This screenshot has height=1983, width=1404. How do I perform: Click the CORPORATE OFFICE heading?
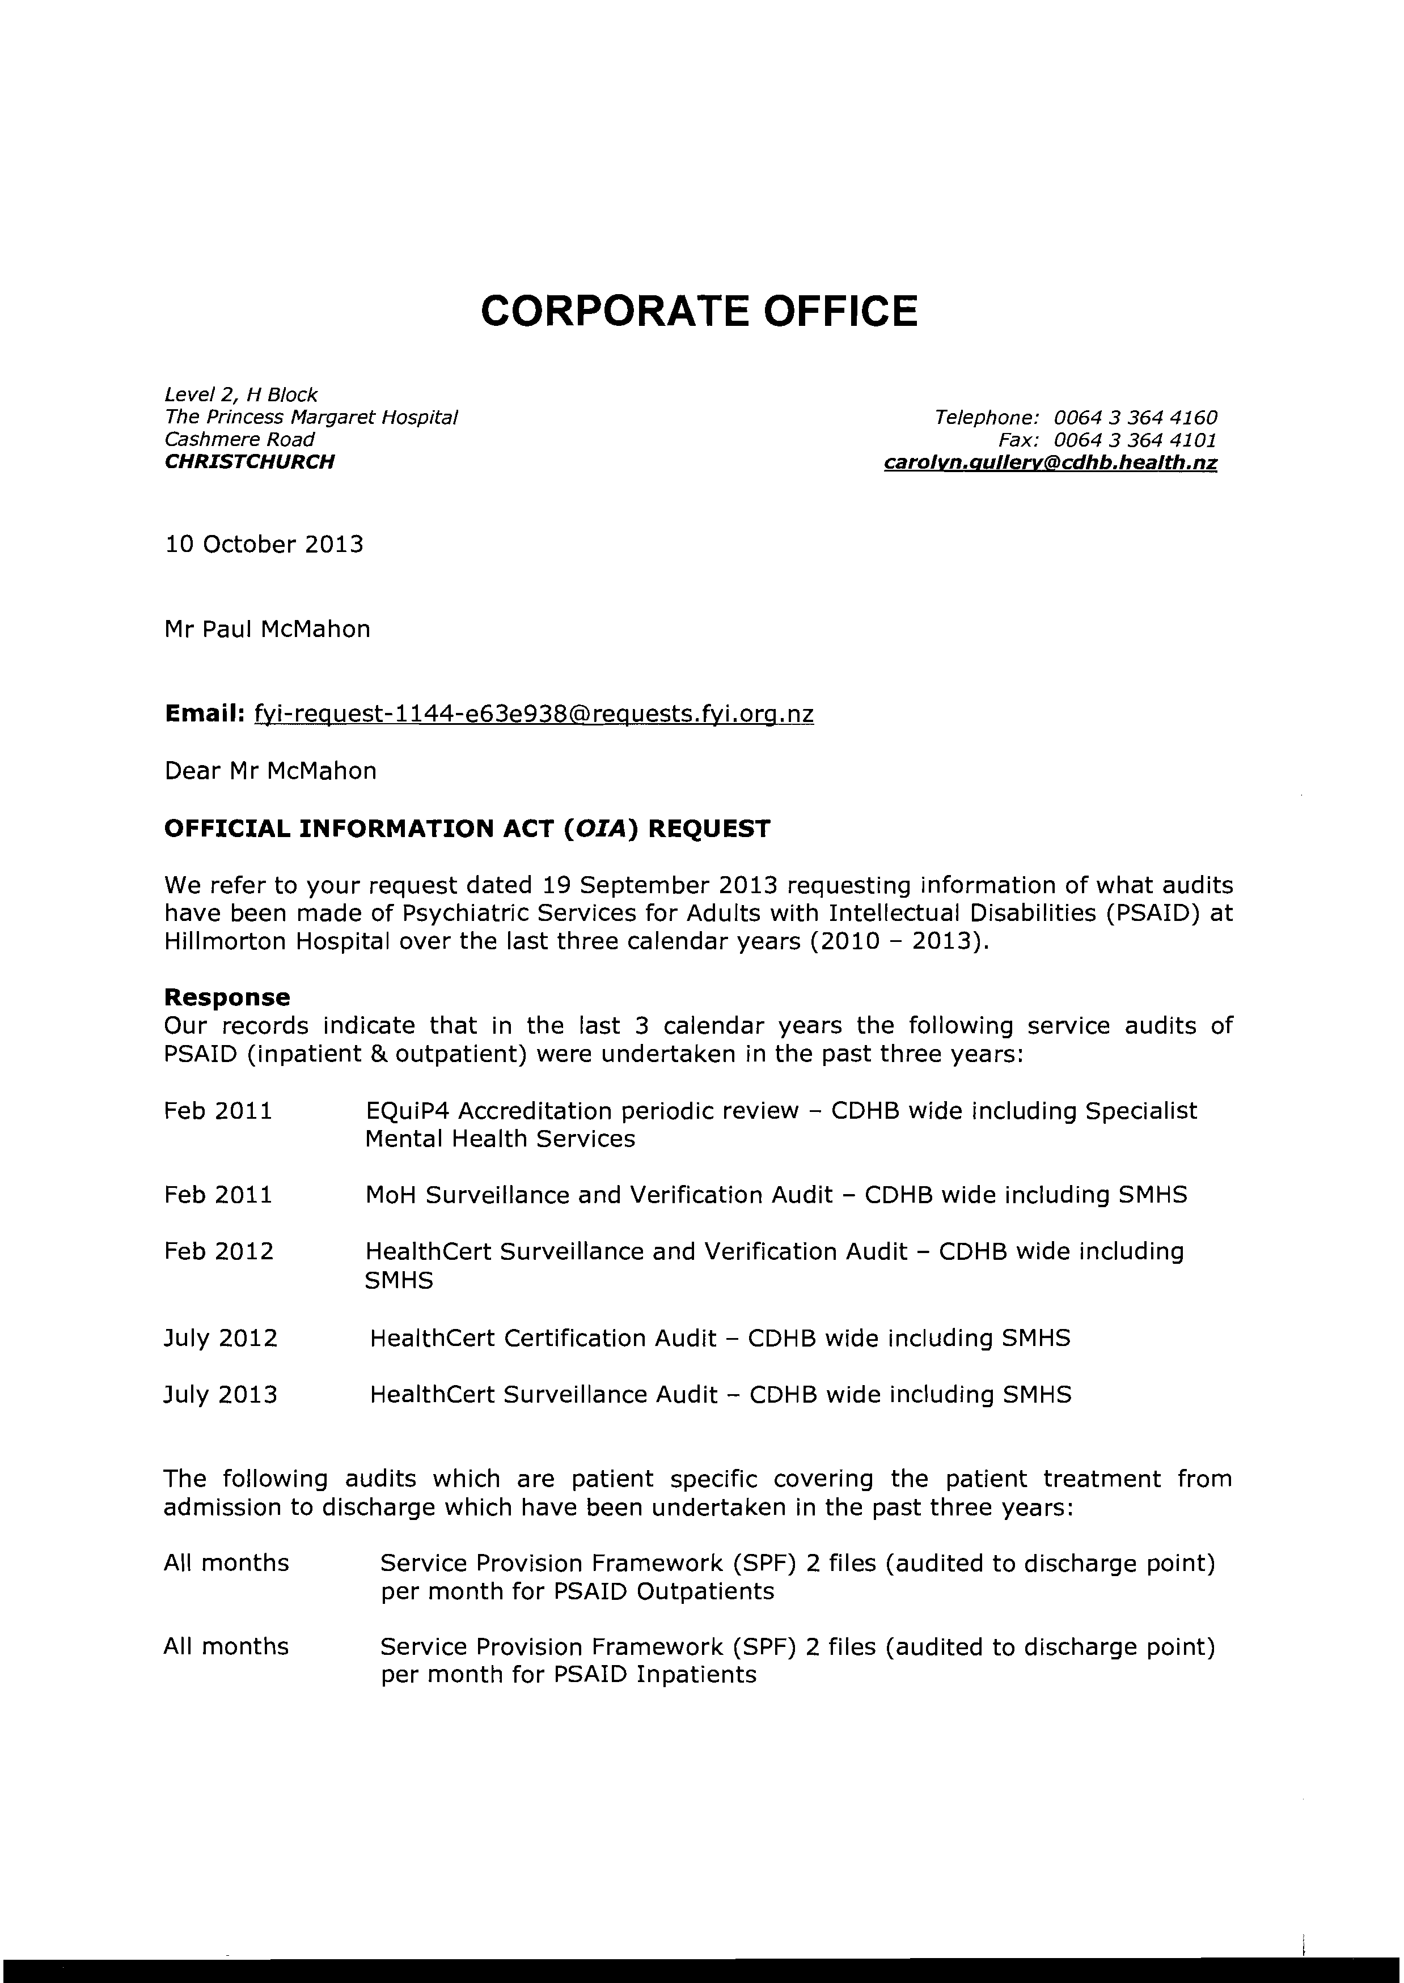tap(699, 311)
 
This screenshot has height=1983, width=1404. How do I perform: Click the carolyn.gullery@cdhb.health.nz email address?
tap(1050, 463)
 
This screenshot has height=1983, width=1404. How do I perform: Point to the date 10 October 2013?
tap(264, 545)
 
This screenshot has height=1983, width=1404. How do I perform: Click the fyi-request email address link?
tap(534, 715)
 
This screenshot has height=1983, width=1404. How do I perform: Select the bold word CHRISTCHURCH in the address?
tap(249, 462)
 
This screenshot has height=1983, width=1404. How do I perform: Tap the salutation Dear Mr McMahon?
tap(270, 771)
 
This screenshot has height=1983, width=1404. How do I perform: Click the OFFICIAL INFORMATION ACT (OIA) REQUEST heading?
tap(467, 830)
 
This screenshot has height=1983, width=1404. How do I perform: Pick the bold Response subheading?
tap(226, 997)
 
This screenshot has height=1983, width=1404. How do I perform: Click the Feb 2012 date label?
tap(219, 1252)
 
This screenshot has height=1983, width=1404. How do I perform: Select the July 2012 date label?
tap(221, 1339)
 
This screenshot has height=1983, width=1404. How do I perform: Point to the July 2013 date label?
tap(221, 1395)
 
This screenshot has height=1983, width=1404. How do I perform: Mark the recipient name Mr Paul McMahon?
tap(267, 629)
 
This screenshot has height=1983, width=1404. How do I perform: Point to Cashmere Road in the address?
tap(239, 440)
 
